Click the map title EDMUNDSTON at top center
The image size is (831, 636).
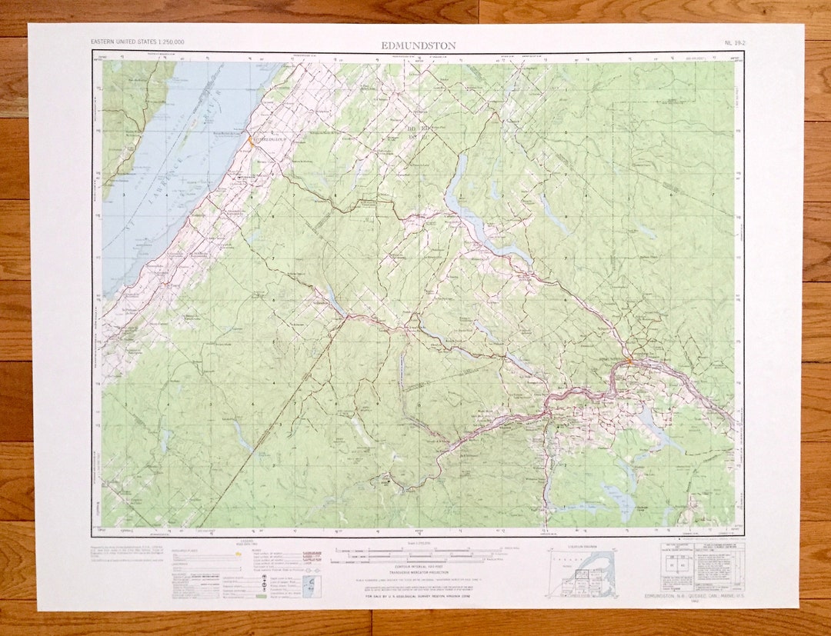(x=419, y=45)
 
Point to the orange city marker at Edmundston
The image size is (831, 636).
(x=629, y=360)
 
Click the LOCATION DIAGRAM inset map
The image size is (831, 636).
(x=581, y=573)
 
